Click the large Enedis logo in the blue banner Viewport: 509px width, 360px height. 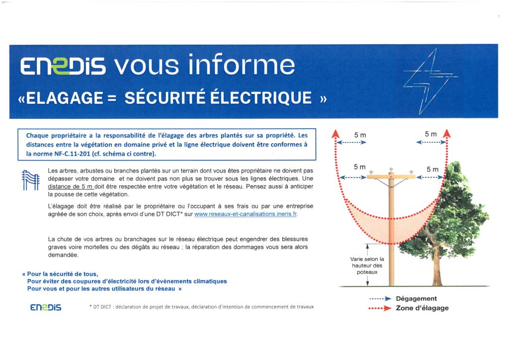(x=63, y=66)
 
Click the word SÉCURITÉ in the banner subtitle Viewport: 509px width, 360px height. (x=165, y=98)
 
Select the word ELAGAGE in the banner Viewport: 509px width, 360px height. (x=64, y=98)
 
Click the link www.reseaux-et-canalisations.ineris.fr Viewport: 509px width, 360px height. (x=246, y=214)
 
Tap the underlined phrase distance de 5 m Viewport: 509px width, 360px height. (x=71, y=186)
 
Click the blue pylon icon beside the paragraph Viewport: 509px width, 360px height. (x=31, y=180)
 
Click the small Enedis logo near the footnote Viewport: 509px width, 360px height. (x=46, y=307)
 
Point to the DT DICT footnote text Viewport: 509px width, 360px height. (x=202, y=307)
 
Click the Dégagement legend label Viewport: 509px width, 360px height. (x=416, y=299)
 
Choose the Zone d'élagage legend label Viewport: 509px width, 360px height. (x=422, y=308)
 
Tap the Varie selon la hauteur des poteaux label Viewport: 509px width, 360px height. (x=367, y=266)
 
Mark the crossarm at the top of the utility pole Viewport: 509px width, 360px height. (x=391, y=177)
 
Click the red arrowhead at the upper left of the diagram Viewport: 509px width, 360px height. (x=336, y=133)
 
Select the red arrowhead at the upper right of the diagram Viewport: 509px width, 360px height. (x=447, y=133)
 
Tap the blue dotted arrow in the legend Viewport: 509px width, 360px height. (x=380, y=299)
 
